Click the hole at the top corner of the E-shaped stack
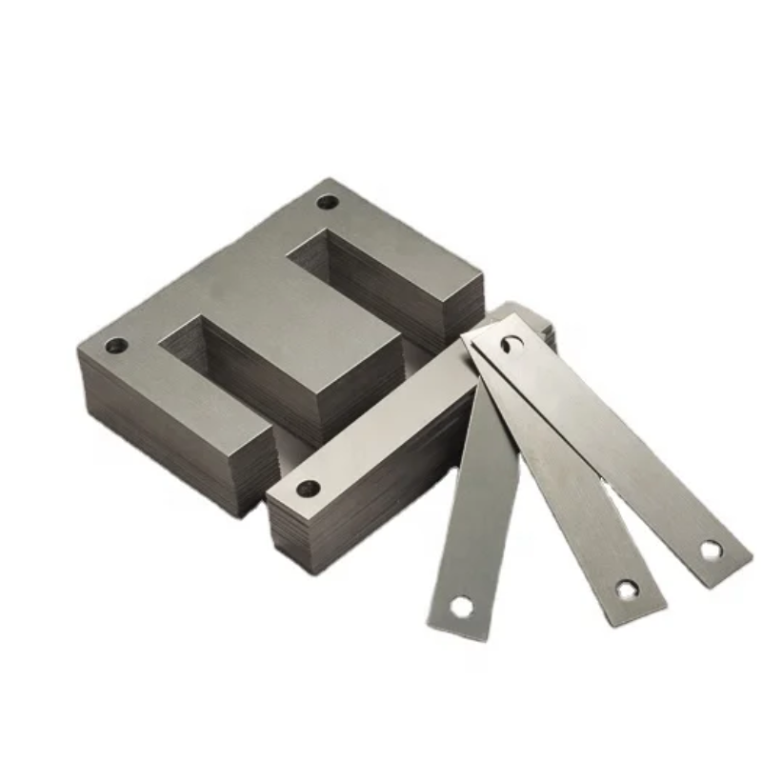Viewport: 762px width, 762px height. tap(328, 202)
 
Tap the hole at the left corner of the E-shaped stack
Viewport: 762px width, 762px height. tap(116, 346)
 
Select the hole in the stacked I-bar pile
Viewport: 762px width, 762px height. tap(308, 489)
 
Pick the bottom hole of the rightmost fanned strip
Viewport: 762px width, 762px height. tap(711, 550)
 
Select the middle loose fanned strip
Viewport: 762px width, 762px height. tap(571, 495)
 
